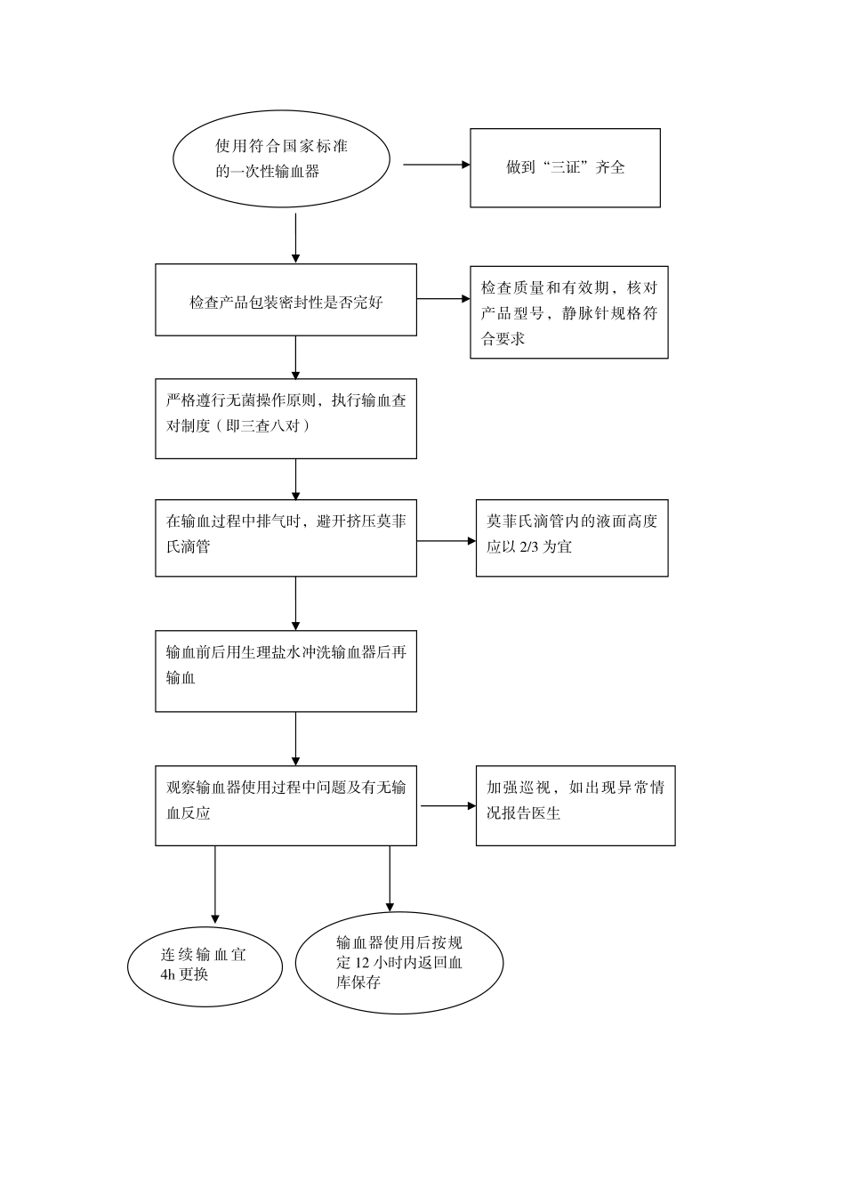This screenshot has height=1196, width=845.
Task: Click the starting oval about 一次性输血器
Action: tap(281, 158)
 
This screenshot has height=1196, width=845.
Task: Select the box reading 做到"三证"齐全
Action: tap(565, 168)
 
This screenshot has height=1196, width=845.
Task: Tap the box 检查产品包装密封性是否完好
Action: tap(286, 300)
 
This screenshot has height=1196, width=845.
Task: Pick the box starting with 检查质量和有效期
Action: tap(568, 312)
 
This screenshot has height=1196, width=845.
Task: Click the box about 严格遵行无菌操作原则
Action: tap(286, 418)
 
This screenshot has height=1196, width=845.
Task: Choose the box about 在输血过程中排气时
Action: tap(286, 537)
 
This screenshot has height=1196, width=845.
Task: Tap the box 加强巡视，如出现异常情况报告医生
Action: tap(575, 804)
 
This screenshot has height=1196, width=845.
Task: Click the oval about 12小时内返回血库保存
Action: tap(398, 962)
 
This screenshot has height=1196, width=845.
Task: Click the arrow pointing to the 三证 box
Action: tap(436, 165)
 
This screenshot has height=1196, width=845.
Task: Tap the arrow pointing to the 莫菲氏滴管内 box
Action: tap(447, 540)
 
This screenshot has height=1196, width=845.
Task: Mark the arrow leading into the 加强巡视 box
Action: tap(448, 806)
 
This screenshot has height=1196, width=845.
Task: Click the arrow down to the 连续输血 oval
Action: tap(214, 885)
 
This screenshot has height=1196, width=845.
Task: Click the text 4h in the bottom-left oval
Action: tap(169, 974)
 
